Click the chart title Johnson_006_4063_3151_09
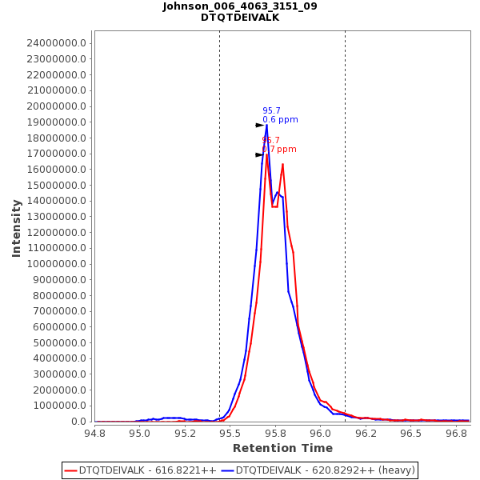240,6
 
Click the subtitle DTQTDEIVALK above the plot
240,18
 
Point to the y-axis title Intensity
16,228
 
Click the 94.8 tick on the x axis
95,433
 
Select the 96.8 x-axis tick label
456,433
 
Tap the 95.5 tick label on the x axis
230,433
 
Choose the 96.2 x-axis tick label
366,433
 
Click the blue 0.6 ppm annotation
280,120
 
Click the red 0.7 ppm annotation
279,150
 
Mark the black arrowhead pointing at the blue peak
259,125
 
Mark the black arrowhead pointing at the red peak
259,154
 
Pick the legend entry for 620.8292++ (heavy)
318,470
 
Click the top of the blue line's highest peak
266,125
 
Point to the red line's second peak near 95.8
282,164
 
